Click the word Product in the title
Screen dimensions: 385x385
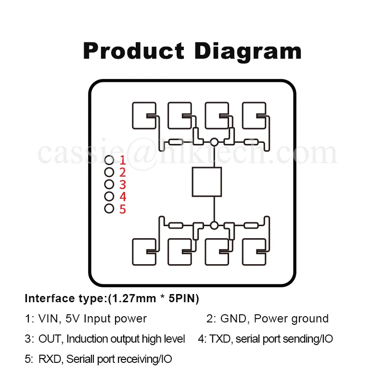[133, 51]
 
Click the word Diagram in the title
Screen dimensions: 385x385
[248, 51]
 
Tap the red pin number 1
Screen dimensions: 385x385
[123, 160]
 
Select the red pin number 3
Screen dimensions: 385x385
[123, 185]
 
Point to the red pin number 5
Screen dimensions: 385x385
[123, 209]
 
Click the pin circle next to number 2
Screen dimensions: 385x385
[109, 172]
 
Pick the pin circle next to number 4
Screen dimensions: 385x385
[109, 196]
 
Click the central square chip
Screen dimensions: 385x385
[207, 182]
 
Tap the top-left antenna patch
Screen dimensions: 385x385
[144, 115]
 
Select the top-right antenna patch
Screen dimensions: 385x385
[255, 115]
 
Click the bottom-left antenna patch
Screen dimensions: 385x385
[144, 252]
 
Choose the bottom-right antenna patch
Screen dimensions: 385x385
[255, 252]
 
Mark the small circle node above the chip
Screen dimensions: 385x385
[214, 141]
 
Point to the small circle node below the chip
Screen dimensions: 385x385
[214, 225]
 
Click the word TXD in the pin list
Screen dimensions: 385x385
[220, 339]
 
